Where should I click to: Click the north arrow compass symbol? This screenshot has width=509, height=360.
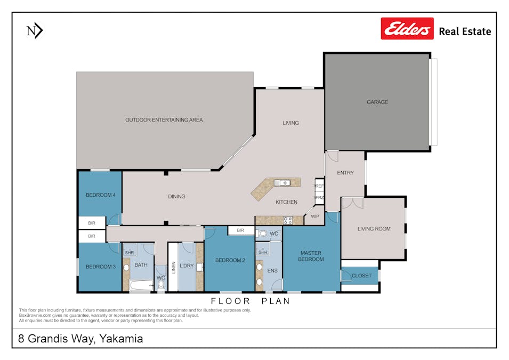(34, 31)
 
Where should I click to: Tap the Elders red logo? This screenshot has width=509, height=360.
(407, 29)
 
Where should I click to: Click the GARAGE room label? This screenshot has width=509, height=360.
(377, 102)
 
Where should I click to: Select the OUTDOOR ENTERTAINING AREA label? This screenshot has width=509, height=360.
(164, 120)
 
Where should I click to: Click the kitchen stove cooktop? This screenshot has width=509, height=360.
(288, 220)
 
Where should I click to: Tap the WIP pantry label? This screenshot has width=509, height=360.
(314, 217)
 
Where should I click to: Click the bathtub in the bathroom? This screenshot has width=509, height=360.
(141, 285)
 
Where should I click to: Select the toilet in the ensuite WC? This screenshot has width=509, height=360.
(262, 234)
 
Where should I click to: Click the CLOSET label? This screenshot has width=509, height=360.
(361, 276)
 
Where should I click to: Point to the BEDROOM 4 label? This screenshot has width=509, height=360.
(100, 195)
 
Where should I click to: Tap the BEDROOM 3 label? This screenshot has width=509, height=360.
(100, 267)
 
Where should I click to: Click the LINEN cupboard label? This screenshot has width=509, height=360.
(173, 267)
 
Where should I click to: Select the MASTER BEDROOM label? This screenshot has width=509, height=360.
(311, 256)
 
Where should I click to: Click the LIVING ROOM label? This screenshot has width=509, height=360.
(374, 229)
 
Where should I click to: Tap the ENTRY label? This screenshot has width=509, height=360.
(345, 173)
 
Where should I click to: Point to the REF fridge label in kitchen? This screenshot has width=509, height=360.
(320, 186)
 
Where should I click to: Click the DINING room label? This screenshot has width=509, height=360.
(176, 196)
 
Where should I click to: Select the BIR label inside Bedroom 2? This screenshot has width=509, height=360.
(240, 230)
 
